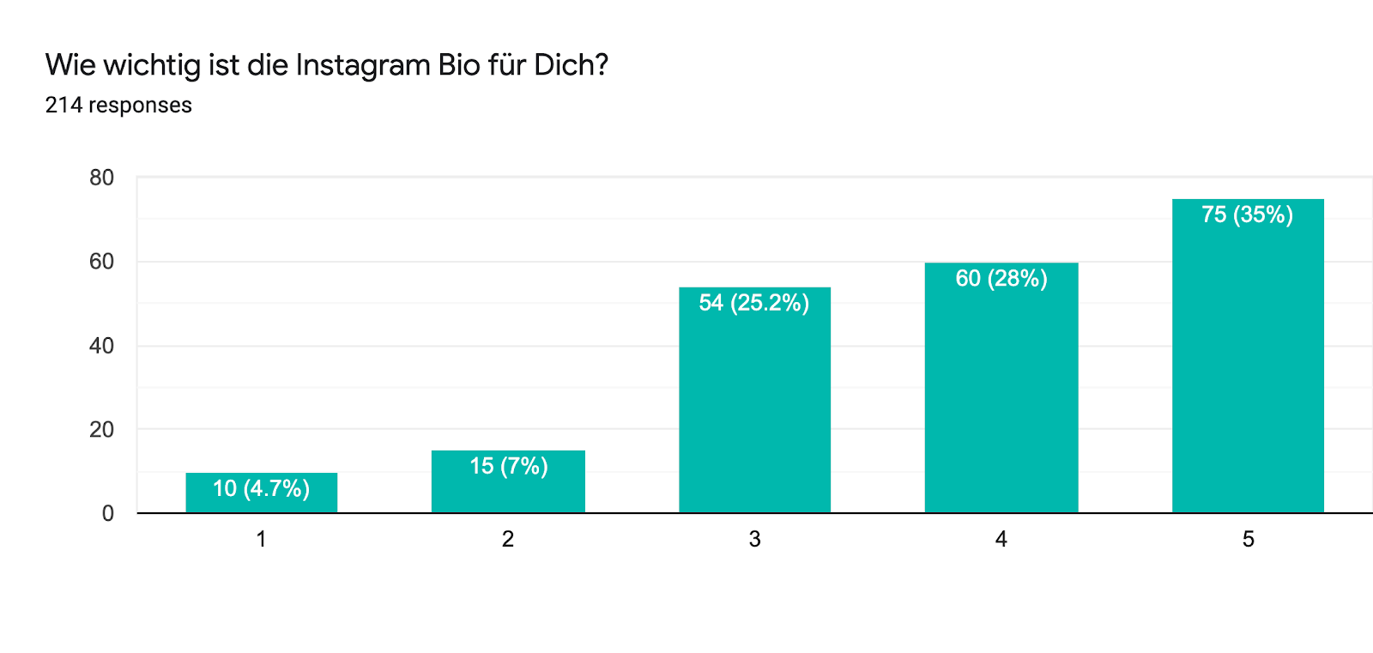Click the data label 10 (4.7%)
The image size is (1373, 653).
pyautogui.click(x=261, y=488)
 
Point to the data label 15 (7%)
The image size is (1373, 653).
pyautogui.click(x=508, y=466)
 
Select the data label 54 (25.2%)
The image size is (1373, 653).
pyautogui.click(x=753, y=303)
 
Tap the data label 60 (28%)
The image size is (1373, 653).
pyautogui.click(x=1001, y=278)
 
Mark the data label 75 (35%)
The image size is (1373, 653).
pyautogui.click(x=1247, y=215)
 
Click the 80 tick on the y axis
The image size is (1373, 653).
pyautogui.click(x=101, y=178)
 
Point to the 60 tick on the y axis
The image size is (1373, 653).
pyautogui.click(x=101, y=262)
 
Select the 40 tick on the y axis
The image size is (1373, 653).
pyautogui.click(x=101, y=346)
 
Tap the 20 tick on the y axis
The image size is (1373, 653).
pyautogui.click(x=101, y=429)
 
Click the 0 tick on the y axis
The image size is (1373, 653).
pyautogui.click(x=107, y=513)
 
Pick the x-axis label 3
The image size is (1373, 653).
pyautogui.click(x=754, y=539)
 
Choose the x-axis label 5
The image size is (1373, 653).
pyautogui.click(x=1248, y=539)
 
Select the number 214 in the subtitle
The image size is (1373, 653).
pyautogui.click(x=64, y=105)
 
